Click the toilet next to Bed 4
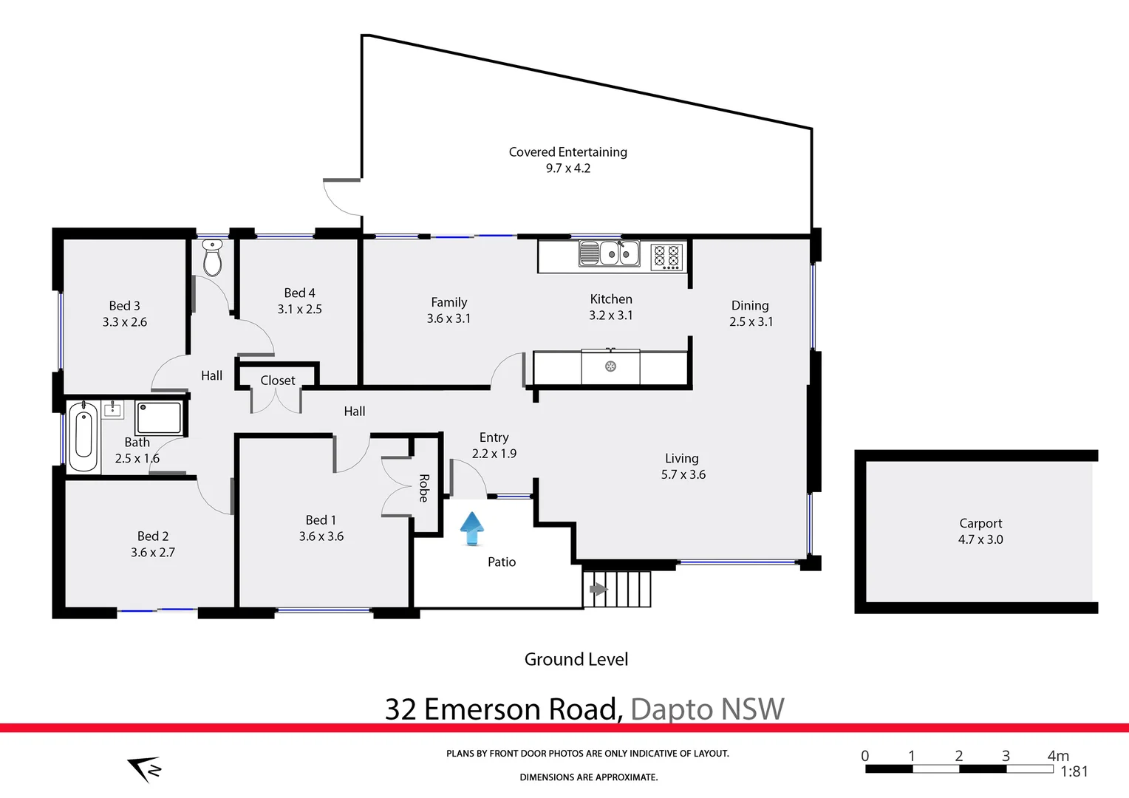[x=213, y=258]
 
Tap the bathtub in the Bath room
[x=83, y=436]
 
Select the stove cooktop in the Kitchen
[x=666, y=256]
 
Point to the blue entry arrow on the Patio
[x=472, y=528]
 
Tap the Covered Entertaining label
[x=567, y=151]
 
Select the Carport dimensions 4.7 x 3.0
[x=980, y=539]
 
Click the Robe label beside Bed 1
[x=424, y=488]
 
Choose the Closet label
[x=278, y=381]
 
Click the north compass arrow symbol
[x=145, y=768]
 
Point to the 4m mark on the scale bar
[x=1057, y=756]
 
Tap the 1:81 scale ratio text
[x=1074, y=771]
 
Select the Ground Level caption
[x=576, y=659]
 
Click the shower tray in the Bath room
[x=159, y=417]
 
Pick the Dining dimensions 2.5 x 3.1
[x=751, y=321]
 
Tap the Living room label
[x=681, y=458]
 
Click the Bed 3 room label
[x=124, y=306]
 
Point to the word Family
[x=448, y=302]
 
